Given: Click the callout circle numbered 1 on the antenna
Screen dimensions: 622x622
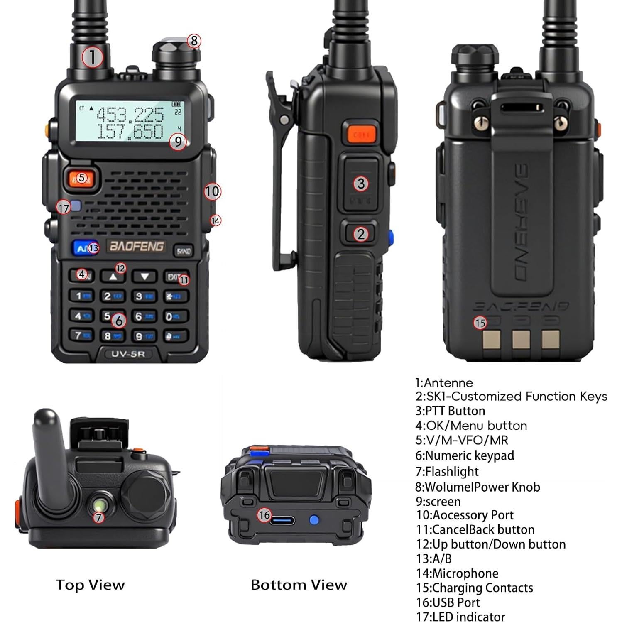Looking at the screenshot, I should coord(92,57).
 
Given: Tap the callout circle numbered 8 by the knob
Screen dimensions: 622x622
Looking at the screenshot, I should coord(194,41).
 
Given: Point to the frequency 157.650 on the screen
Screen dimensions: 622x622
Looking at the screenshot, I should coord(130,132).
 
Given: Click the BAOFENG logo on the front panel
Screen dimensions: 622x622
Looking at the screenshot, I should coord(136,246).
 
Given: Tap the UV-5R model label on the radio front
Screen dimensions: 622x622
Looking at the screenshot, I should coord(127,354).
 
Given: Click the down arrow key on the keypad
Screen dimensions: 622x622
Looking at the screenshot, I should coord(144,276).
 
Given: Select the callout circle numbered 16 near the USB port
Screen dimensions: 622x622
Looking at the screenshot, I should coord(264,515).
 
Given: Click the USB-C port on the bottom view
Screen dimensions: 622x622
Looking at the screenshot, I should coord(282,520).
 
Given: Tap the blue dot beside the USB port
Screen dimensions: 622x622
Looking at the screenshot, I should coord(314,520).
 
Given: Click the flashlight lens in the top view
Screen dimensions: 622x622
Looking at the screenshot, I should coord(100,505).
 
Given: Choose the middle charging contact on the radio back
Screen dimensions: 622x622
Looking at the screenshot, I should coord(521,339).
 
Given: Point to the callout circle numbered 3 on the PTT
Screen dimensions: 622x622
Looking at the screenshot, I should coord(361,184).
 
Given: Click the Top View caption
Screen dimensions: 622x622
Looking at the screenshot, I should coord(90,585).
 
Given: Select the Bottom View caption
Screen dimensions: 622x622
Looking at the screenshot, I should coord(299,585).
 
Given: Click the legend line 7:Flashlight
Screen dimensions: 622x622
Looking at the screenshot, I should coord(447,471).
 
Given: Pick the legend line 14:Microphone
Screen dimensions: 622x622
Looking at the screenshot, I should coord(457,573).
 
